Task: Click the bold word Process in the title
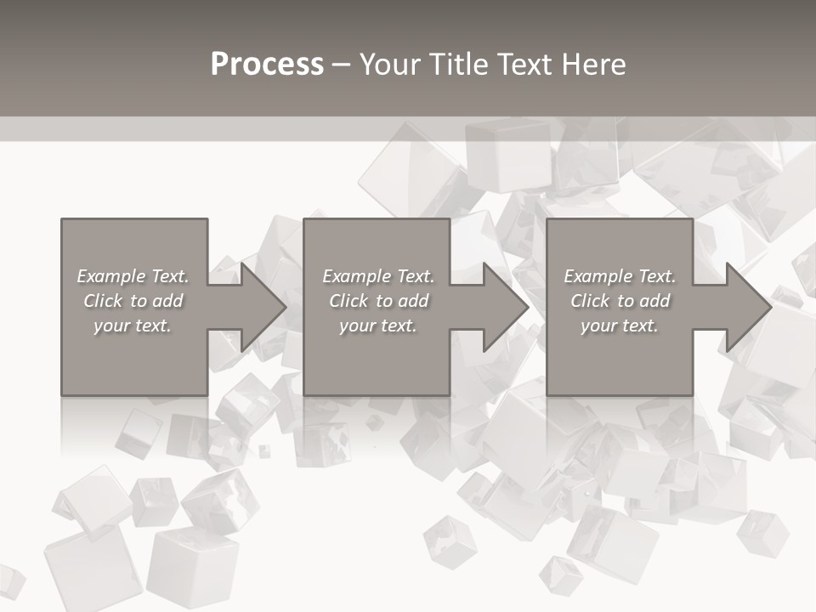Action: [267, 65]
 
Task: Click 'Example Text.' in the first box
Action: [133, 276]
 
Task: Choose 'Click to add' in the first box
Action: [133, 301]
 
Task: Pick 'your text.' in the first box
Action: [133, 326]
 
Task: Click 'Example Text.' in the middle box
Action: [377, 276]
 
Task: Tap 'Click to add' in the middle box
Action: [377, 301]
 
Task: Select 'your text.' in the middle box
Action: [377, 326]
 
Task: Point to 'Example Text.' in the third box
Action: [620, 276]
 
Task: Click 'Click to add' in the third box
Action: [620, 301]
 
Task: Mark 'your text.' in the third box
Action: [620, 326]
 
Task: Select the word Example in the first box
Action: [111, 276]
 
